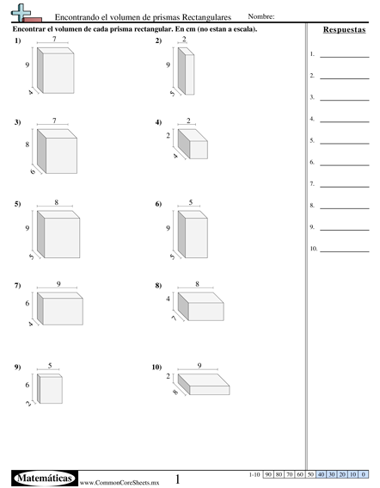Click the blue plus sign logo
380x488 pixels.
coord(21,12)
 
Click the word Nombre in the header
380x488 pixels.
coord(260,16)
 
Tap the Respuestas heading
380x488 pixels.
coord(344,29)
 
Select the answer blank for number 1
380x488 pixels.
coord(345,57)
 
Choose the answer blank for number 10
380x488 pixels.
coord(345,251)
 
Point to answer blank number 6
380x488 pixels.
coord(345,165)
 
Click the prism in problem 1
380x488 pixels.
coord(55,71)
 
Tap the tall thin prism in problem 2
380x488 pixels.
coord(186,71)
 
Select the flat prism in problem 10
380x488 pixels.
coord(204,385)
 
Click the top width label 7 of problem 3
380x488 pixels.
coord(54,120)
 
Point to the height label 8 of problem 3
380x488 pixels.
coord(28,145)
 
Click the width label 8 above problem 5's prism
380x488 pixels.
coord(56,202)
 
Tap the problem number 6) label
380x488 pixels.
coord(158,204)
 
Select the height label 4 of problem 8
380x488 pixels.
coord(168,299)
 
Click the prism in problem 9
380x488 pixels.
coord(50,389)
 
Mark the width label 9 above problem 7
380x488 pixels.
coord(58,284)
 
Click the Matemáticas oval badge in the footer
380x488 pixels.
coord(45,478)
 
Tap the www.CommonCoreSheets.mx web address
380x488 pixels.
coord(120,483)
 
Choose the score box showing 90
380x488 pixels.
coord(268,474)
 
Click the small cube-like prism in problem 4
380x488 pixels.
coord(193,144)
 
